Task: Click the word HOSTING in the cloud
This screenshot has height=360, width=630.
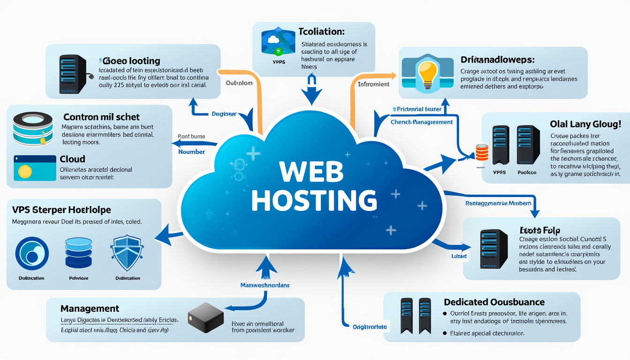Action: point(314,201)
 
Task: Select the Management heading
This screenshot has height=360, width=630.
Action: point(90,309)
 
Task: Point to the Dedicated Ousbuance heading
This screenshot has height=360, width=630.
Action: point(494,302)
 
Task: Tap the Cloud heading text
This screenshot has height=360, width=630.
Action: point(73,159)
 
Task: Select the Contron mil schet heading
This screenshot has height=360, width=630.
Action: point(101,117)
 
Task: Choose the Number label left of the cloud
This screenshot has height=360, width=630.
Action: point(192,152)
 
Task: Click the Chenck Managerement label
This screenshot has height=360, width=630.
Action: point(421,122)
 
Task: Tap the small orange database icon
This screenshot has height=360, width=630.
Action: point(482,153)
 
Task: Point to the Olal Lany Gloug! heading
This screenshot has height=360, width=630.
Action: point(585,124)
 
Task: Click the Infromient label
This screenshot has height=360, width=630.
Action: point(374,84)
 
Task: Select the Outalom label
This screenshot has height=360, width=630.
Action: point(239,83)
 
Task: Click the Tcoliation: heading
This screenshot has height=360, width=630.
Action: point(322,32)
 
